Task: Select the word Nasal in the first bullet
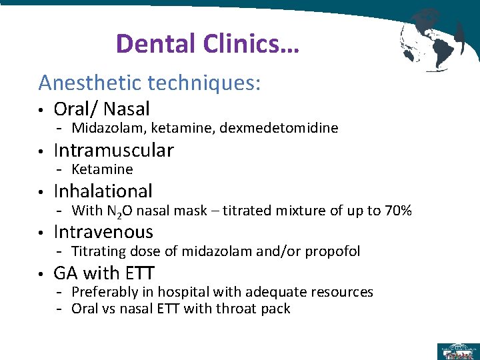coord(127,109)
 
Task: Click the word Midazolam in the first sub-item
coord(104,128)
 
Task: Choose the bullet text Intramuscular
coord(113,150)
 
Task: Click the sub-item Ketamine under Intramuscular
coord(102,169)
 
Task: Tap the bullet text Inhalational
coord(103,191)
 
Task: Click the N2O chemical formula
coord(121,211)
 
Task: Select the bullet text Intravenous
coord(103,232)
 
